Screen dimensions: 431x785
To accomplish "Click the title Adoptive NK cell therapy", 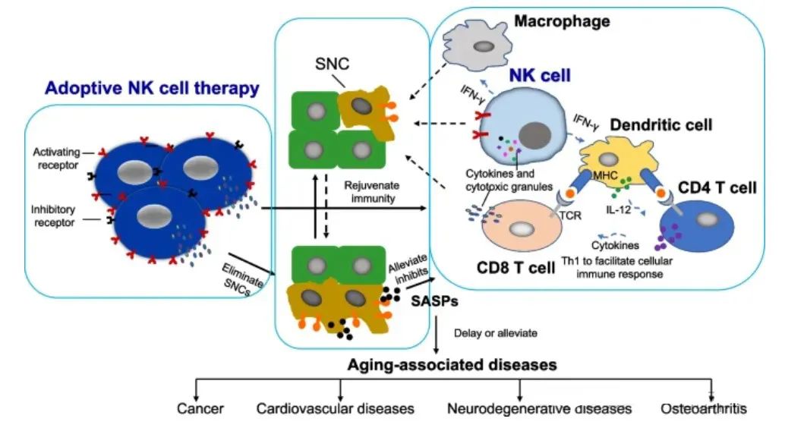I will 152,88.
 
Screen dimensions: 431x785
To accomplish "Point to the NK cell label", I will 540,75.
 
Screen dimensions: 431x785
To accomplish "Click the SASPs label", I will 433,301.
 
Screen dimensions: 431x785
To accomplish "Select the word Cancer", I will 200,409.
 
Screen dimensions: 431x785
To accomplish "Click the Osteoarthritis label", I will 704,409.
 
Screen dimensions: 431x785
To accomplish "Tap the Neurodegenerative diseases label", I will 540,409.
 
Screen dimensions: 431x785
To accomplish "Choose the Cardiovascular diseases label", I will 335,409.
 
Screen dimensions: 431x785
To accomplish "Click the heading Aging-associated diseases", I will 452,365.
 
